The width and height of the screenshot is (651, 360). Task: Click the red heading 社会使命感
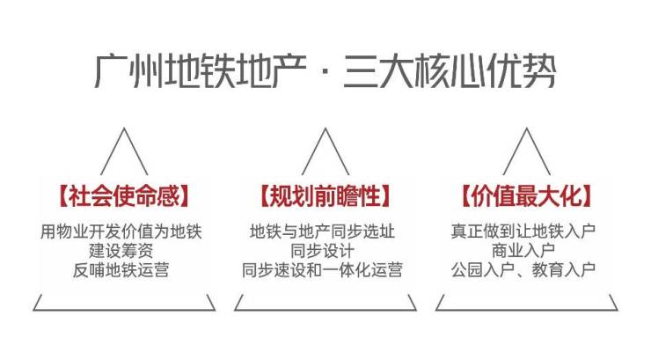coord(124,195)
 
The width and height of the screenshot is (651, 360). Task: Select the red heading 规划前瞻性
coord(325,195)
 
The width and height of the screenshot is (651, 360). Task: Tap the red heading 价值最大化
coord(526,195)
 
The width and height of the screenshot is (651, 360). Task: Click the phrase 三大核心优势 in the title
coord(450,71)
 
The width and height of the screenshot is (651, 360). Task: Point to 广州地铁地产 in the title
coord(201,71)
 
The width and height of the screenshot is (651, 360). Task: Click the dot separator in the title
coord(325,72)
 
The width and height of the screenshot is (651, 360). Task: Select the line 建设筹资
coord(121,251)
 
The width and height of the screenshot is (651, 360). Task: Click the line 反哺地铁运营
coord(121,270)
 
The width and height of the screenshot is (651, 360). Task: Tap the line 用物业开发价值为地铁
coord(121,231)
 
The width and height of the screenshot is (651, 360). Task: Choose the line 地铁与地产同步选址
coord(322,231)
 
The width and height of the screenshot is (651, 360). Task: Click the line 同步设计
coord(322,251)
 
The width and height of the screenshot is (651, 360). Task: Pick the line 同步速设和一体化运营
coord(322,270)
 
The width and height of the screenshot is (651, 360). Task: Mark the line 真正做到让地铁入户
coord(523,231)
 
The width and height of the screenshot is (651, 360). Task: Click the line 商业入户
coord(523,251)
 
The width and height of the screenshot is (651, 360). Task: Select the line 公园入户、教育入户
coord(523,270)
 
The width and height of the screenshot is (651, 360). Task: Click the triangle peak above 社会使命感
coord(124,128)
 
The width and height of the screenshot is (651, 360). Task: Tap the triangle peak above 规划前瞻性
coord(325,128)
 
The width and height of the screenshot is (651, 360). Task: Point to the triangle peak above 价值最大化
coord(526,128)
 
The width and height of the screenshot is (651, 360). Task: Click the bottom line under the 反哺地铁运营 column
coord(124,310)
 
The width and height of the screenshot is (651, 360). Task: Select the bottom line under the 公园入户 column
coord(526,310)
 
